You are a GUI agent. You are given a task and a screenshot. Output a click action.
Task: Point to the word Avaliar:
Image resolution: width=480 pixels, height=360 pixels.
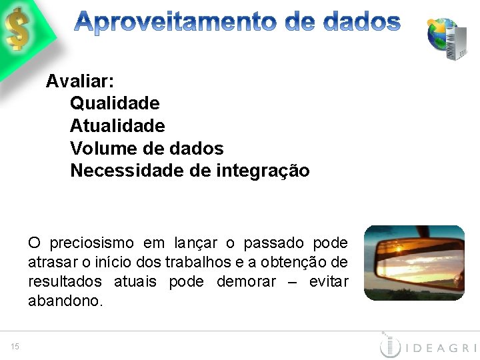[80, 81]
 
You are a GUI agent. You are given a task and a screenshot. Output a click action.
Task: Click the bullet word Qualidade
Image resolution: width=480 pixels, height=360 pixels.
[115, 103]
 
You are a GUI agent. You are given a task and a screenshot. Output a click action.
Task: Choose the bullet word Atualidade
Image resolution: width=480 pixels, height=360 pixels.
[117, 125]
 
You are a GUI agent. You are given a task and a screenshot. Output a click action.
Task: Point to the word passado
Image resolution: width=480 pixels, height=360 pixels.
[275, 243]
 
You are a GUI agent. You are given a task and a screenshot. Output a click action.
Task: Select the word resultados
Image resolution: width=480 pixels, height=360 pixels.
[65, 281]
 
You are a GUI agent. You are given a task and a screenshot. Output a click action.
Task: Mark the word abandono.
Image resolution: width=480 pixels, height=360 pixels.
[65, 301]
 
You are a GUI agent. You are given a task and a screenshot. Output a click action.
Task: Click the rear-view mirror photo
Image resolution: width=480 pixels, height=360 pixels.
[414, 263]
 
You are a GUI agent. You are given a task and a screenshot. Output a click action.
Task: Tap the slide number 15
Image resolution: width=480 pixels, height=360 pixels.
[15, 345]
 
